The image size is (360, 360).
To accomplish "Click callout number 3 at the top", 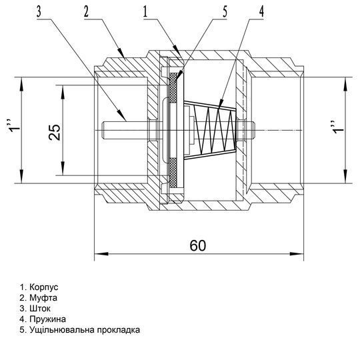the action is [x=39, y=11].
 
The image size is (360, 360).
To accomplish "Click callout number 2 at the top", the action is [x=86, y=11].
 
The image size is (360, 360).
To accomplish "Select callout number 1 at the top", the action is [x=145, y=11].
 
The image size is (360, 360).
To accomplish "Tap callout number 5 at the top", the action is [x=225, y=11].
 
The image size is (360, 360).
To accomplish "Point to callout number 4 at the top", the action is [x=261, y=11].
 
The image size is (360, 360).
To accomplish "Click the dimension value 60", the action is [x=198, y=245].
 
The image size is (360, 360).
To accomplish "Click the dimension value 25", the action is [x=55, y=132].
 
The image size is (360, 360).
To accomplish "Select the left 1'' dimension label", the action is [x=13, y=126].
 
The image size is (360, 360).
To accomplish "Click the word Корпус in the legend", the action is [x=44, y=287].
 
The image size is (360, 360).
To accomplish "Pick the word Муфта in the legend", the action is [x=43, y=298].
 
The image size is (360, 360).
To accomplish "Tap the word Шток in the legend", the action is [x=40, y=309].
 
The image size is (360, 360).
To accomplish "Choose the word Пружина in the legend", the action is [x=48, y=319].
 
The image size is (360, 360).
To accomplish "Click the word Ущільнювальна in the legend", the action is [x=62, y=330].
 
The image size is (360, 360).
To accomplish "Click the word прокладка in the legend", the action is [x=119, y=330].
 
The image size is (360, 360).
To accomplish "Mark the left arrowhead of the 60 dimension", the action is [x=101, y=254].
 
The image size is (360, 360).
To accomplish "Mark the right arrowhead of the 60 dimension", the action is [x=297, y=254].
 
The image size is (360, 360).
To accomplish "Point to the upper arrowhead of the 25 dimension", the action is [x=63, y=92].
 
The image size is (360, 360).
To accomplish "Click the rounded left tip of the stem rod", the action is [x=104, y=130].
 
